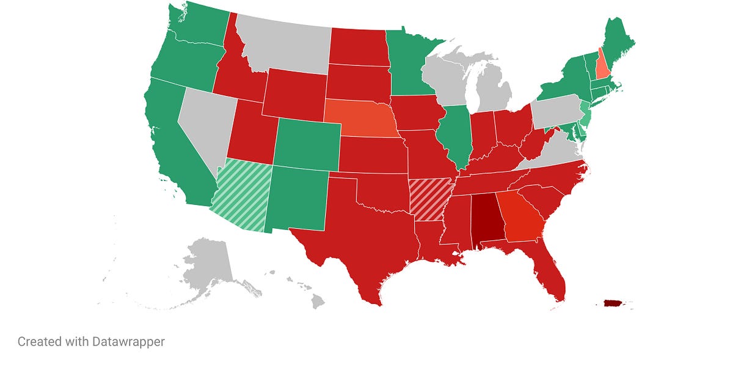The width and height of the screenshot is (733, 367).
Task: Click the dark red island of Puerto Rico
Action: click(x=612, y=303)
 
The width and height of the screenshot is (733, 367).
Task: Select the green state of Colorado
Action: click(x=307, y=146)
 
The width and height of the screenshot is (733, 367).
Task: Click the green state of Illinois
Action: click(x=455, y=135)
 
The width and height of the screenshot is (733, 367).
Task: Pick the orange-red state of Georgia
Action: click(x=519, y=217)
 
